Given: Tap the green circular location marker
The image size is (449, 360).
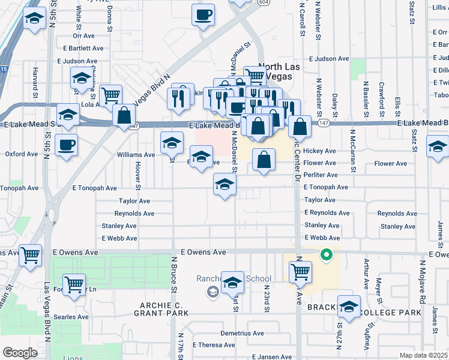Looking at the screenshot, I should tap(327, 255).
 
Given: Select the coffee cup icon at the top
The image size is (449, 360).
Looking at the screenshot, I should tap(203, 14).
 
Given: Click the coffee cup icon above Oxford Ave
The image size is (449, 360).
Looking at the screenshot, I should tap(66, 144).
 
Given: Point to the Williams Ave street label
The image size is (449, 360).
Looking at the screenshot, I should tap(136, 154).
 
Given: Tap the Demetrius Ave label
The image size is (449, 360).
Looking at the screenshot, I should tap(242, 333).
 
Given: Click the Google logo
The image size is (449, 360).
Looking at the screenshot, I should tap(20, 353).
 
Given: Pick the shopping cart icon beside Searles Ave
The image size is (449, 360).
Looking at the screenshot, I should tap(74, 284).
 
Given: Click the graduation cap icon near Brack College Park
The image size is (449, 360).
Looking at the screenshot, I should tap(349, 307).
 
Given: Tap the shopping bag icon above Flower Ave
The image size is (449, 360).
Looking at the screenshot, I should tap(264, 161).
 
